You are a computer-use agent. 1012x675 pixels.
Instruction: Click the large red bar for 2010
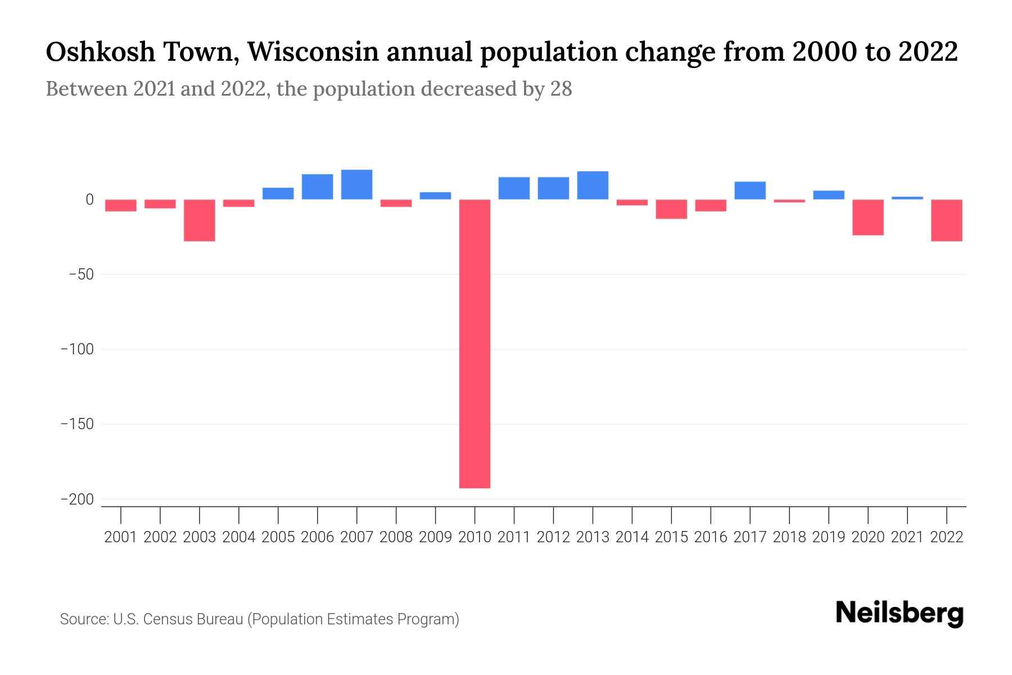475,343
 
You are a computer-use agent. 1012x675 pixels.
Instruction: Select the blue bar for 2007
356,184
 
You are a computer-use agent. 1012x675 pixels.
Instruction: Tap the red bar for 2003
200,220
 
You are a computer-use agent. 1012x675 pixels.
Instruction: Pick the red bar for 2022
947,220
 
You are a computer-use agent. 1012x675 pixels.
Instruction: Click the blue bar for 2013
593,185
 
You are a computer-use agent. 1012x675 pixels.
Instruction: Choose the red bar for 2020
868,217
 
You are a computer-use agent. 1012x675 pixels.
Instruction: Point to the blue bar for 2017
750,190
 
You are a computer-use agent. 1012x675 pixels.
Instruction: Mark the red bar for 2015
671,209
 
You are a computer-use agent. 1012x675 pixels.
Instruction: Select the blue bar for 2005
278,193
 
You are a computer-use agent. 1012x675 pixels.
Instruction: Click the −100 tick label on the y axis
77,349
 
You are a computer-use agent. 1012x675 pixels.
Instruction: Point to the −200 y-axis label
77,499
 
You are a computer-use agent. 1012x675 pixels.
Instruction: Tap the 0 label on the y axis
89,200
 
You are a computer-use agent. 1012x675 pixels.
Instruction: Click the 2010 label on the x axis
475,537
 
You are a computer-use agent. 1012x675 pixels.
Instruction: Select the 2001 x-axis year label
121,537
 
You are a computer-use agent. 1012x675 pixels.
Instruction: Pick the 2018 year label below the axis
789,537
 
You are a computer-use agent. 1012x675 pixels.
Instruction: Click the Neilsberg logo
900,613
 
